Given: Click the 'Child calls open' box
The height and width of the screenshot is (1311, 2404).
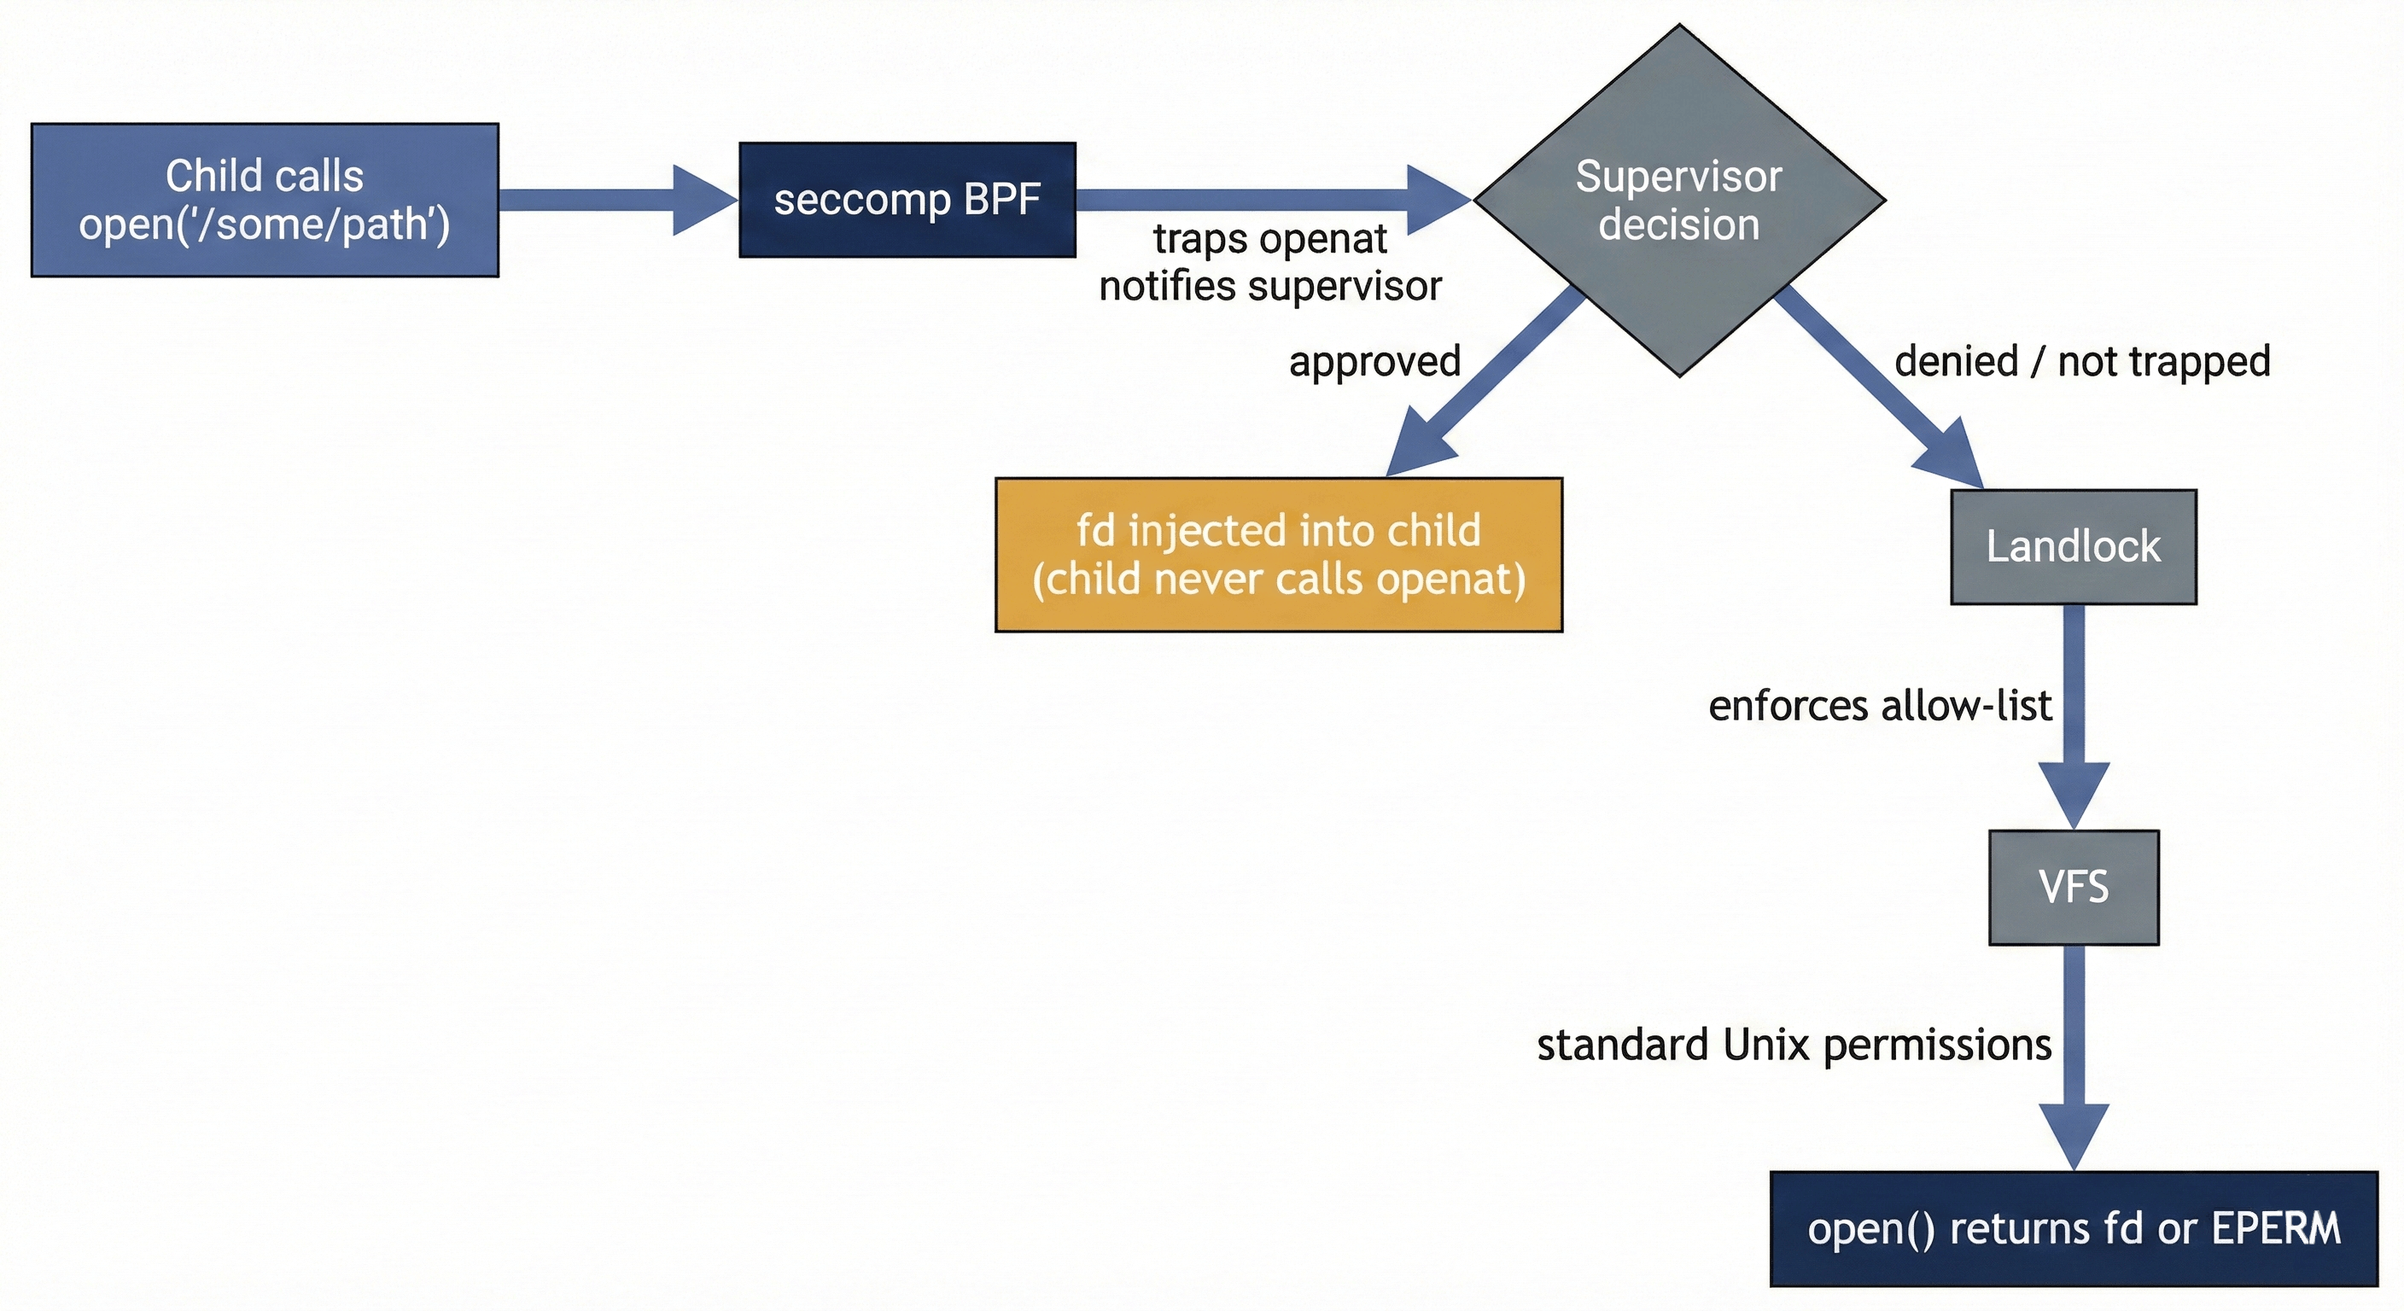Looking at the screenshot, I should click(265, 200).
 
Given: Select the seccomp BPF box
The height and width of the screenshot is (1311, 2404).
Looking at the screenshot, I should click(907, 200).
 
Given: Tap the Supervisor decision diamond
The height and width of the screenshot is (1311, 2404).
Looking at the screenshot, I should click(1678, 200).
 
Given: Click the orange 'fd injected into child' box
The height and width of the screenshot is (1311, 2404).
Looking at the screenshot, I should click(1279, 554).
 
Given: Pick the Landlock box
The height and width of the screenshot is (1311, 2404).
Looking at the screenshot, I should click(2073, 547).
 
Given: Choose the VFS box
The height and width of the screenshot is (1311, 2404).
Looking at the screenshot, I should click(2073, 887).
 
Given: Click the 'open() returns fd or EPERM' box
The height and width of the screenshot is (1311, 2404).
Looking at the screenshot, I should click(2073, 1228).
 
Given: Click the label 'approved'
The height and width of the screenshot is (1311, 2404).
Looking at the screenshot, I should click(1374, 362).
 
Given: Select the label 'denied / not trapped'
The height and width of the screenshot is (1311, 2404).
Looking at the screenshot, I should click(2082, 362).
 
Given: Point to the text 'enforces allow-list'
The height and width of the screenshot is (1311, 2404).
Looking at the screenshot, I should click(1880, 707).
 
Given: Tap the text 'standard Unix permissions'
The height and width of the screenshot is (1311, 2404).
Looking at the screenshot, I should click(1794, 1045).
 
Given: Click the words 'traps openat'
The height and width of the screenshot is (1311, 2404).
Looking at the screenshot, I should click(1269, 240).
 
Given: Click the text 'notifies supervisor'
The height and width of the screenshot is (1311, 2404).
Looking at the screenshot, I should click(1269, 287).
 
